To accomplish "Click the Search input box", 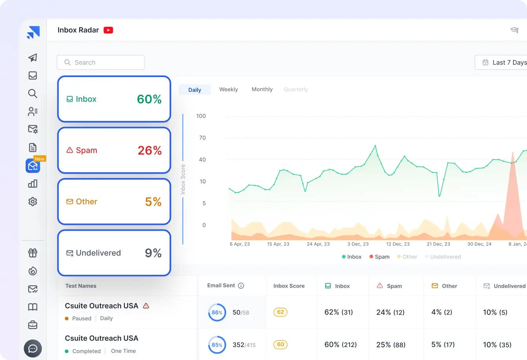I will point(101,62).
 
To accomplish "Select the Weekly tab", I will point(228,90).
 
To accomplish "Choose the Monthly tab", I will point(262,90).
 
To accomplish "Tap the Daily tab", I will point(195,90).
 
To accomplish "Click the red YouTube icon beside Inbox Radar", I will point(108,30).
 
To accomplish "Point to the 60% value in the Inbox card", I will point(149,99).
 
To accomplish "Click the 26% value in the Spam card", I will point(149,151).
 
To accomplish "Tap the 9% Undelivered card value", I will point(153,253).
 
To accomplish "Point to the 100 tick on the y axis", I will point(201,116).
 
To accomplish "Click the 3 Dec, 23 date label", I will point(358,244).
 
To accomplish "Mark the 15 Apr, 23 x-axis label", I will point(278,244).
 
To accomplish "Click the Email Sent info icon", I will point(241,286).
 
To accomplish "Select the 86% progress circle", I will point(217,313).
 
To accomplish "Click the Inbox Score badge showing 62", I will point(280,312).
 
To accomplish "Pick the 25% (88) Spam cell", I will point(391,345).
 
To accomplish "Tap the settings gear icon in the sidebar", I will point(33,202).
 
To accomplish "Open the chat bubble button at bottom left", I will point(33,348).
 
